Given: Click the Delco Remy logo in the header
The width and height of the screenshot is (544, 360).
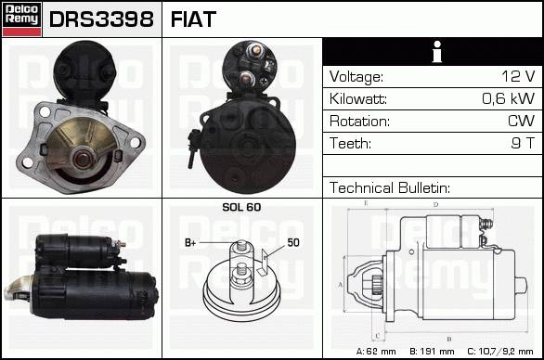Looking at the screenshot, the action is [x=22, y=19].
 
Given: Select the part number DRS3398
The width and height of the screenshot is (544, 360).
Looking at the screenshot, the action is [x=101, y=19].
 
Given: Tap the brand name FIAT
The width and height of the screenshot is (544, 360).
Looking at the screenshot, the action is [x=193, y=19].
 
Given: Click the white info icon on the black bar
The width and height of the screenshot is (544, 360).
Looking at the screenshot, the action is [x=437, y=52].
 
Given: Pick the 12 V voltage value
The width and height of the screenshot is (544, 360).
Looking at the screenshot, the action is [x=518, y=76].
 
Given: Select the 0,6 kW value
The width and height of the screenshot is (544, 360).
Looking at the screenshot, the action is [x=509, y=98].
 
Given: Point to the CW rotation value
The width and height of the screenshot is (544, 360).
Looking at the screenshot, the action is [x=521, y=121].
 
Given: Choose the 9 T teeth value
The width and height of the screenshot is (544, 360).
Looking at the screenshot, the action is [x=523, y=143].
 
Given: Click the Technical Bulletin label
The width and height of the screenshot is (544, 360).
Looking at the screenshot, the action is [x=390, y=187].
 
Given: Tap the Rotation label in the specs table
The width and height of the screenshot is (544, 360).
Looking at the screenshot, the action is [x=359, y=121].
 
